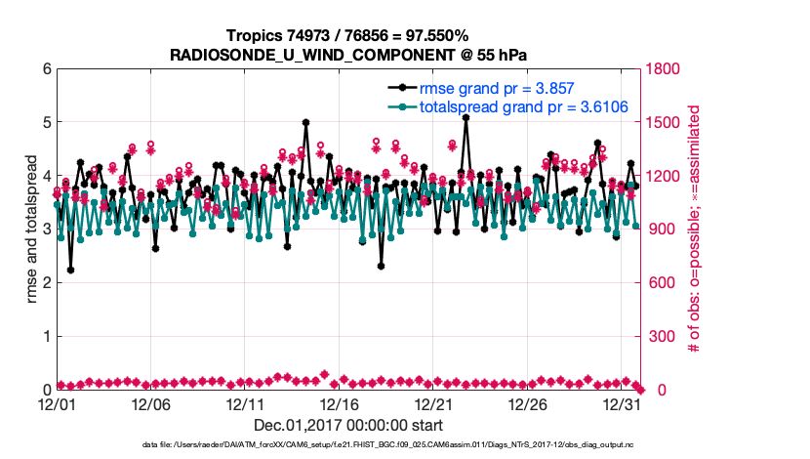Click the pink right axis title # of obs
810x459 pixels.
pyautogui.click(x=695, y=229)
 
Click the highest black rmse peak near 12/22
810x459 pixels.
pyautogui.click(x=466, y=117)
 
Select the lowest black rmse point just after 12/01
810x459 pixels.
pyautogui.click(x=71, y=271)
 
